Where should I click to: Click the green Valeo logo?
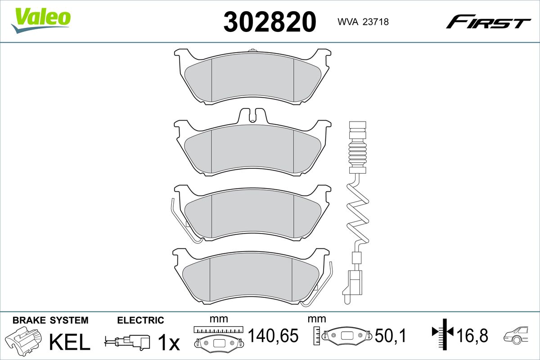[41, 20]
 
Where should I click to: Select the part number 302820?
[270, 22]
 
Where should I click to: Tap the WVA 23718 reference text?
[363, 22]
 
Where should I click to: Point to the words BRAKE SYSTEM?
[50, 320]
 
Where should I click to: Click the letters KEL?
[70, 342]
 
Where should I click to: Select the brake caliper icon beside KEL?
[23, 340]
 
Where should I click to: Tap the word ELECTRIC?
[140, 320]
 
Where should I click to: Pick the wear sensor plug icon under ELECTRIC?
[127, 342]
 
